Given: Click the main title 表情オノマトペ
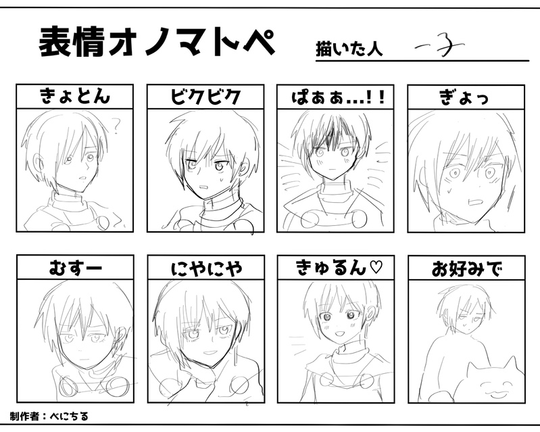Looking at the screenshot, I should tap(157, 43).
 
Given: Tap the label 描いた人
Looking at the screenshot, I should tap(349, 49).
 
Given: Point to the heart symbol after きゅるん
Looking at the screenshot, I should tap(376, 268).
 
